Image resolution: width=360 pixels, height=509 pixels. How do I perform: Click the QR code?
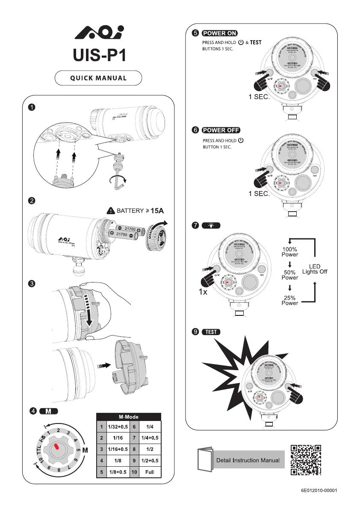pyautogui.click(x=306, y=460)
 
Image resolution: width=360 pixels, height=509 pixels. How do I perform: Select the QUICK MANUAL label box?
pyautogui.click(x=98, y=78)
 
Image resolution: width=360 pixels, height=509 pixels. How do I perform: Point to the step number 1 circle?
pyautogui.click(x=32, y=107)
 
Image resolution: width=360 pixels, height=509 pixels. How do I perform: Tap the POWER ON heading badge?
pyautogui.click(x=220, y=33)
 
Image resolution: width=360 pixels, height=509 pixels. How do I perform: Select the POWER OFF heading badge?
pyautogui.click(x=221, y=130)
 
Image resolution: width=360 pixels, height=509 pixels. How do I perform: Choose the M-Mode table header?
pyautogui.click(x=128, y=417)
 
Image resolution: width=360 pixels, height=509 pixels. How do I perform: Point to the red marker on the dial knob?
pyautogui.click(x=56, y=447)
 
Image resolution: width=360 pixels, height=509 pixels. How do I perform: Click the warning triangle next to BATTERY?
pyautogui.click(x=110, y=210)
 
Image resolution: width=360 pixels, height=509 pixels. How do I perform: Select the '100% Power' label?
pyautogui.click(x=289, y=252)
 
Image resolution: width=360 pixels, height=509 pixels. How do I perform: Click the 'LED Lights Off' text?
pyautogui.click(x=315, y=269)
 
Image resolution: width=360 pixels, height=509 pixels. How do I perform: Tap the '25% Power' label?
pyautogui.click(x=289, y=300)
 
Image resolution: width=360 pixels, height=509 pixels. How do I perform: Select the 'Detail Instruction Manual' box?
pyautogui.click(x=248, y=460)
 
